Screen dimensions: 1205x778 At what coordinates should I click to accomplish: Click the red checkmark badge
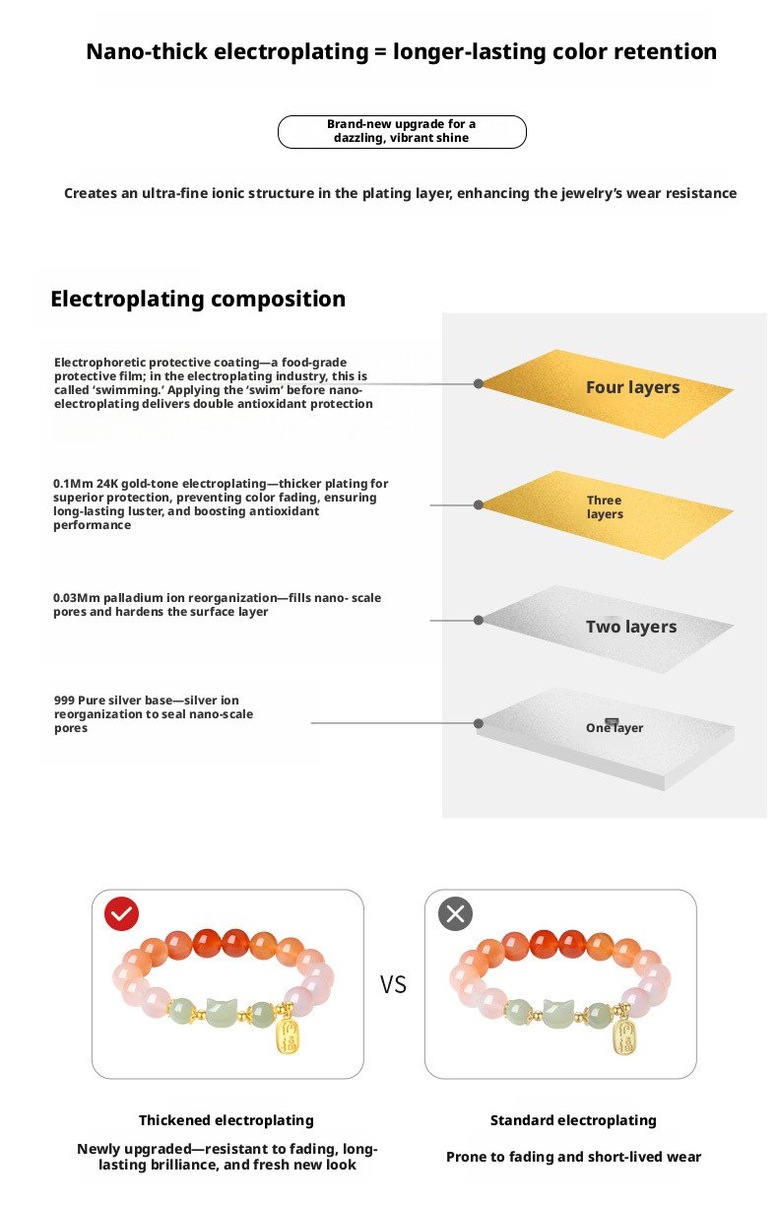click(122, 914)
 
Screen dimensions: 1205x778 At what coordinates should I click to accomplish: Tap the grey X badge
click(455, 914)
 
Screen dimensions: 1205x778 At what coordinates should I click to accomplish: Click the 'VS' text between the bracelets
click(393, 984)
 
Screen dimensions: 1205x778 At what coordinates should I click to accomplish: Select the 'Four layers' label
click(632, 388)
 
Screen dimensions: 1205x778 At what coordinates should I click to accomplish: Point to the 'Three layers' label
click(605, 507)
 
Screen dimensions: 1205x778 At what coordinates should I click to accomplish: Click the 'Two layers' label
click(631, 627)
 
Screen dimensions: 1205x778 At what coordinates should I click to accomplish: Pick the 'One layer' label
click(615, 728)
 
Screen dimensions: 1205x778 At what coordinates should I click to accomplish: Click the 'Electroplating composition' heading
click(198, 299)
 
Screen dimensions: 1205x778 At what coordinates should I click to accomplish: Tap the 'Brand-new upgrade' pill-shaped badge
click(402, 131)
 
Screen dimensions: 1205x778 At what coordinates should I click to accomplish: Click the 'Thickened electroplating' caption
click(227, 1120)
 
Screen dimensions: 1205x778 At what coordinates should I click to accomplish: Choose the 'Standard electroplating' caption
click(573, 1120)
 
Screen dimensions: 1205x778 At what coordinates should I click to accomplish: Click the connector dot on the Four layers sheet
click(479, 383)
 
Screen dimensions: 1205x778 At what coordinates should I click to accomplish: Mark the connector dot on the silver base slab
click(479, 723)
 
